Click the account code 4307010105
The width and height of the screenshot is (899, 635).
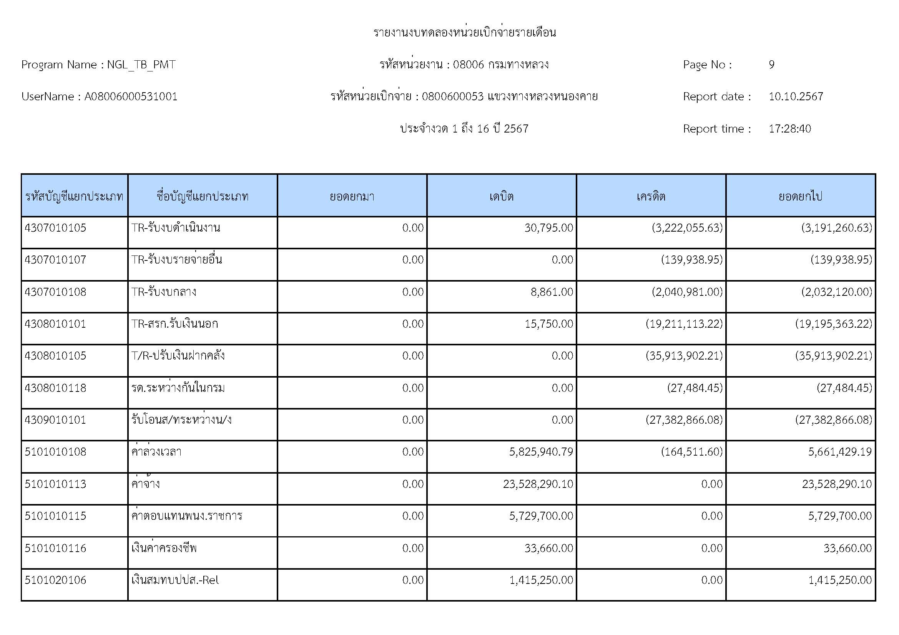[x=55, y=228]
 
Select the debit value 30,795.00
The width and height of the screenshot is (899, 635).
[x=548, y=228]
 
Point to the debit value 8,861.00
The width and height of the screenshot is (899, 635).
[x=552, y=292]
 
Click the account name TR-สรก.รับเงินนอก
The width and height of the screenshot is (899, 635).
[x=174, y=324]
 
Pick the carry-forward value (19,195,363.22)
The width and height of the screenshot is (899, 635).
[x=833, y=324]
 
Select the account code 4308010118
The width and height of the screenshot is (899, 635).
[x=55, y=388]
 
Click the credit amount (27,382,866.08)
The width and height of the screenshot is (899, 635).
[x=684, y=420]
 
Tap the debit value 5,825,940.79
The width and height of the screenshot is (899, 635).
[x=541, y=452]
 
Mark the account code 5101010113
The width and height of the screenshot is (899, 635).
[x=55, y=484]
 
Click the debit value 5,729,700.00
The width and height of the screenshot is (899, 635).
[x=541, y=516]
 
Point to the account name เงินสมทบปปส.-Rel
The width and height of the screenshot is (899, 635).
[x=175, y=580]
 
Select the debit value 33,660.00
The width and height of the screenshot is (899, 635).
[x=548, y=548]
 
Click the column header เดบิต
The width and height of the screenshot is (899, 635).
[x=501, y=196]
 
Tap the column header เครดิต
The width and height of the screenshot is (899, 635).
[x=651, y=196]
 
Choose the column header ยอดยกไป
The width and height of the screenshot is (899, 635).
[x=800, y=196]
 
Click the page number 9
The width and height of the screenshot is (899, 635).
[x=771, y=65]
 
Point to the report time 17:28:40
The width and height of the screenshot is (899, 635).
[x=790, y=129]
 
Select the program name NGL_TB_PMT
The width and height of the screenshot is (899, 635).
[x=141, y=65]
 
